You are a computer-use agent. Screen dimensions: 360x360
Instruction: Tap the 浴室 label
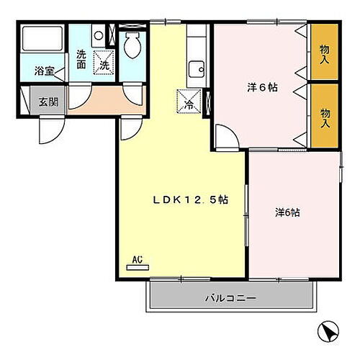(44, 71)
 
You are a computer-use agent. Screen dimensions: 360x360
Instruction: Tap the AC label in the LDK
(137, 258)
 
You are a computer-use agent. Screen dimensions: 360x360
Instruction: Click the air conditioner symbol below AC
(137, 267)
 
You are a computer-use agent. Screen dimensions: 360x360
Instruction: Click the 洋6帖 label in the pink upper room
(262, 87)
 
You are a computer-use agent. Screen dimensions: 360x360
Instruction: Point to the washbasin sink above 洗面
(99, 34)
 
